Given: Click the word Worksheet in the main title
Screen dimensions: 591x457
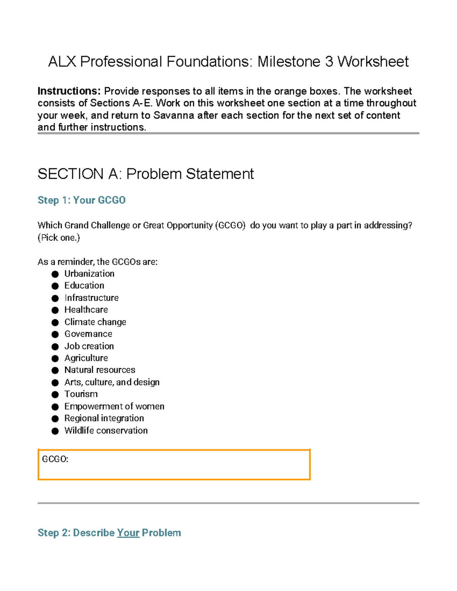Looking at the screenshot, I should point(373,62).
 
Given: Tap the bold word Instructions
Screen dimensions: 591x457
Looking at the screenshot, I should point(69,91).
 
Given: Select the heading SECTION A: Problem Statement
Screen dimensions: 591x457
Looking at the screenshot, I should point(145,174).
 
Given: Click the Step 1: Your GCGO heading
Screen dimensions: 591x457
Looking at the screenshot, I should point(81,200).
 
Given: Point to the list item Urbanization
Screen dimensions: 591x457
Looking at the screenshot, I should point(89,274).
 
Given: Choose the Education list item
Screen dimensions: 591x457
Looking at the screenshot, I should point(84,285).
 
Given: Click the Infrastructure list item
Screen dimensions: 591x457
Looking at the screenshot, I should point(91,298).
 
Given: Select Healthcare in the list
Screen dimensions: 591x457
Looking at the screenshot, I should point(86,310).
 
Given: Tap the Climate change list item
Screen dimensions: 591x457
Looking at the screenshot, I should point(95,322).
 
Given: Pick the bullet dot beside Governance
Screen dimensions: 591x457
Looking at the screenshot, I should point(55,335).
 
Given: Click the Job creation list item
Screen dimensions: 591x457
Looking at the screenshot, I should point(89,346).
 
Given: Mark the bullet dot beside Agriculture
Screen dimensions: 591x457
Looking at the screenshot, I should point(55,358).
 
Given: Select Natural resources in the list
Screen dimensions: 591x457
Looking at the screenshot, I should point(100,370).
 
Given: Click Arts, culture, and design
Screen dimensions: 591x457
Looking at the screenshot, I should point(112,382).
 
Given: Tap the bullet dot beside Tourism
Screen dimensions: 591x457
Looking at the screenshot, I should point(55,395).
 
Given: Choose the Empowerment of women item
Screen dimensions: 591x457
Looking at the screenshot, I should point(114,406).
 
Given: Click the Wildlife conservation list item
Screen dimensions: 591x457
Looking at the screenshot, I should point(106,430).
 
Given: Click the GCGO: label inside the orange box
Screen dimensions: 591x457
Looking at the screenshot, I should point(55,459).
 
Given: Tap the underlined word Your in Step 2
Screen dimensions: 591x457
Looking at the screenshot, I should point(128,533).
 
